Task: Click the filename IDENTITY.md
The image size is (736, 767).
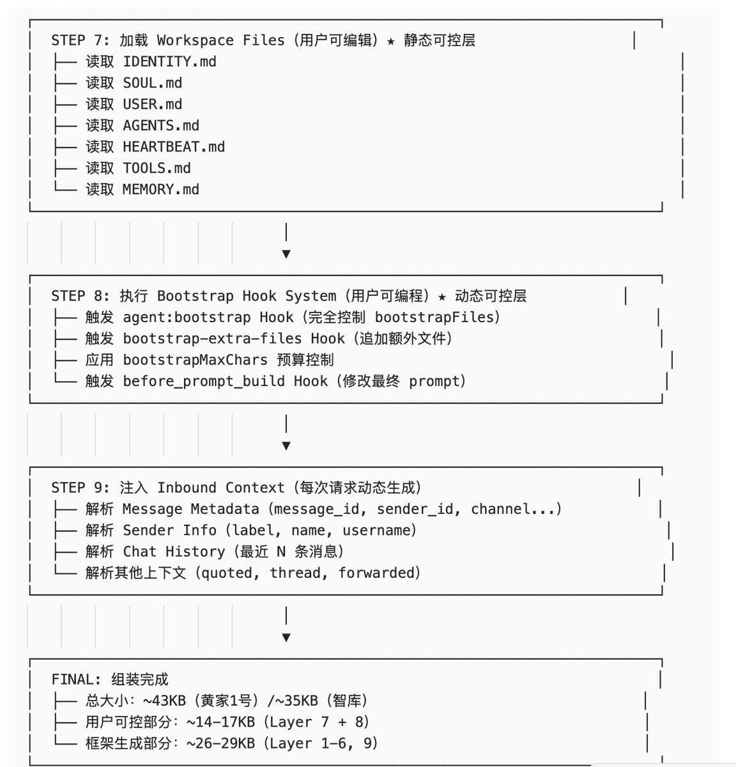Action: click(x=169, y=62)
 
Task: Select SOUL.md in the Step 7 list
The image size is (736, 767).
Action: click(x=152, y=83)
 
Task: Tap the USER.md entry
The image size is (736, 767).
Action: click(x=152, y=104)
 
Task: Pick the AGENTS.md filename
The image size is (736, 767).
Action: click(x=161, y=126)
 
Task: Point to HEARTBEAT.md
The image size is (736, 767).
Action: click(x=174, y=147)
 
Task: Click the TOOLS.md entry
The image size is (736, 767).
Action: click(x=157, y=168)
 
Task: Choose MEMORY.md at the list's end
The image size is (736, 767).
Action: click(x=161, y=190)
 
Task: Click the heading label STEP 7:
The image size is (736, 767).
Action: click(x=80, y=40)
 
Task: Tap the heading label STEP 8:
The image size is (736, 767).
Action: click(x=80, y=296)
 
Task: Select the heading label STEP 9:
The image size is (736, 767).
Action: click(x=80, y=488)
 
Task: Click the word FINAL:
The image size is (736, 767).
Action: click(x=76, y=679)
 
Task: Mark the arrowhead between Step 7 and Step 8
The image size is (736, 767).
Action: click(x=286, y=254)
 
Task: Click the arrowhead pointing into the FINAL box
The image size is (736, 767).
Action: click(x=286, y=637)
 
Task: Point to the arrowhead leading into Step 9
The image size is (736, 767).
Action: click(x=286, y=445)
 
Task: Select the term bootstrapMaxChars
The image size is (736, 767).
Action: click(x=195, y=360)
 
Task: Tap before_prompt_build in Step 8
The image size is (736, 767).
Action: click(x=204, y=382)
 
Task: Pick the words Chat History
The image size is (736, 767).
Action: click(x=174, y=552)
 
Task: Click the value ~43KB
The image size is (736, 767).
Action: click(x=164, y=701)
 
